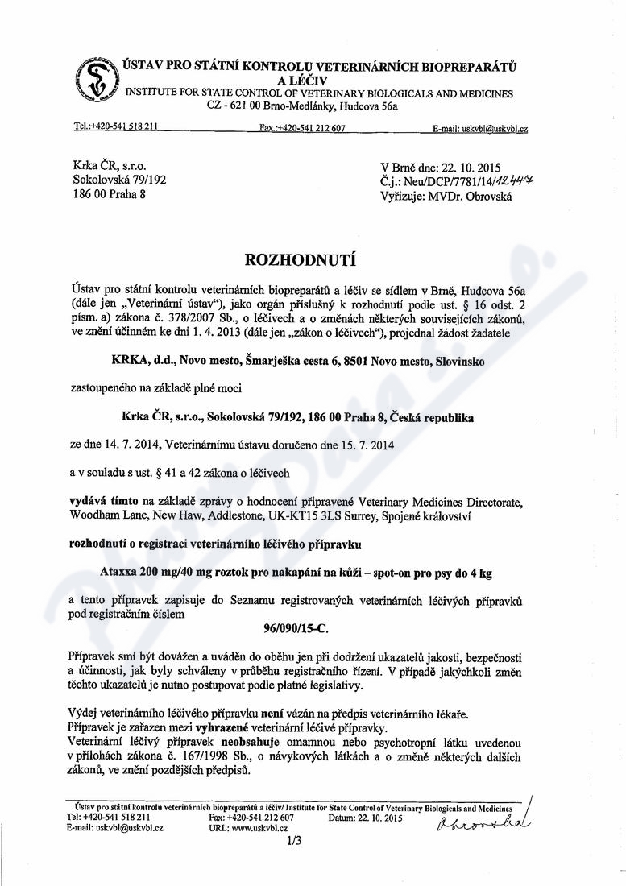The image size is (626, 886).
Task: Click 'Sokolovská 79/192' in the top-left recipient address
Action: [x=119, y=180]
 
